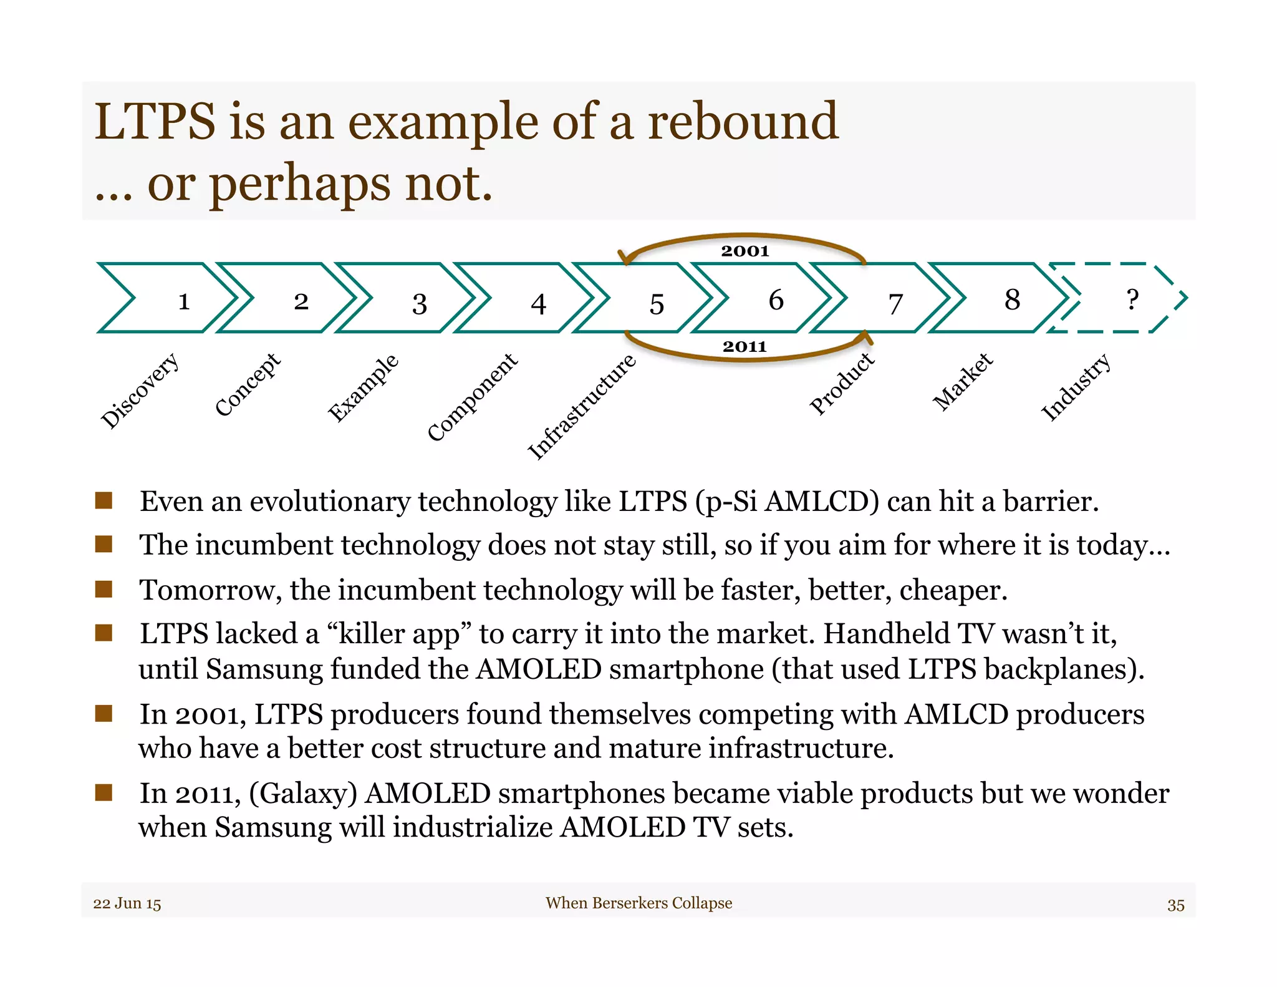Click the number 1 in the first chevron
point(183,301)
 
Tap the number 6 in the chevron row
point(776,300)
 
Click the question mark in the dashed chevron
point(1132,299)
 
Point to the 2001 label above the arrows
point(745,251)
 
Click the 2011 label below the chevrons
point(745,346)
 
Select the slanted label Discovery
point(140,391)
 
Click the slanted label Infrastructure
point(582,407)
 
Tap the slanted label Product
point(842,383)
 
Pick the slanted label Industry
point(1076,387)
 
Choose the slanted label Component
point(473,397)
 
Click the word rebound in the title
point(743,121)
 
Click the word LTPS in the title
point(155,121)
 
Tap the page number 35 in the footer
point(1175,905)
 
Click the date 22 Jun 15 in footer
point(127,903)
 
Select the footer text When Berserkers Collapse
point(638,903)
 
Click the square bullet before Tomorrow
point(104,589)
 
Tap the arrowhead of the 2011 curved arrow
point(865,338)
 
